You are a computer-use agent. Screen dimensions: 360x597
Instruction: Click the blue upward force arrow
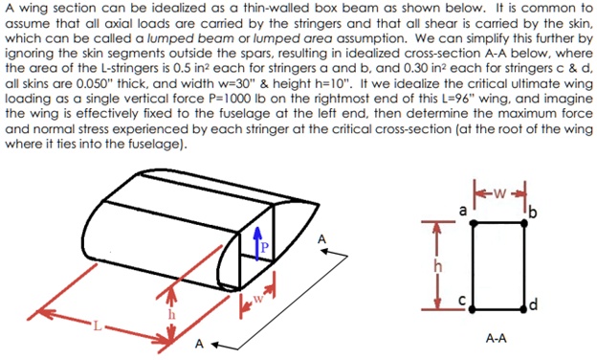[255, 243]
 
